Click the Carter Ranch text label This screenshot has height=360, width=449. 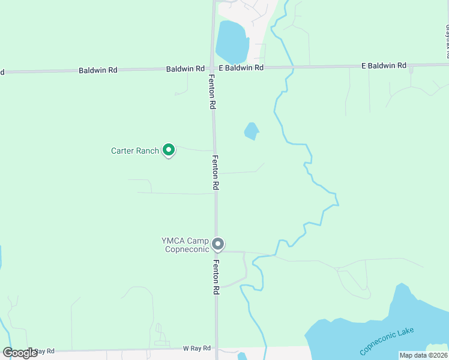click(135, 151)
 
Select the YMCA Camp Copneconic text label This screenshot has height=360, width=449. click(185, 245)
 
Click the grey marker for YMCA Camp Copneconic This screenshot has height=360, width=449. click(218, 244)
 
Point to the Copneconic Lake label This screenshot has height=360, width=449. click(387, 341)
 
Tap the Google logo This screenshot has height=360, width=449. click(20, 353)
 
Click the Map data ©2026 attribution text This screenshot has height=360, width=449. click(423, 355)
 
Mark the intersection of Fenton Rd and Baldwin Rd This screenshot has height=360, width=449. click(212, 68)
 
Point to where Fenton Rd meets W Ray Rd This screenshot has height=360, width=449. click(217, 348)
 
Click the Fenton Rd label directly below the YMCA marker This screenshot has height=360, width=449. click(216, 277)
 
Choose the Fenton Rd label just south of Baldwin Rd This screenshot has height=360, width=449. click(212, 91)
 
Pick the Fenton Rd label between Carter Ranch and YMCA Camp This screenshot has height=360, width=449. click(215, 173)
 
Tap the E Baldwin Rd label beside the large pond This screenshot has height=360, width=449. click(241, 68)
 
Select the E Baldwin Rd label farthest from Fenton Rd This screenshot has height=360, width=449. click(384, 65)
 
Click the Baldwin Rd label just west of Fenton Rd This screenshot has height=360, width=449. click(185, 69)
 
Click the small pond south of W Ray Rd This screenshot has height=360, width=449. click(241, 356)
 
